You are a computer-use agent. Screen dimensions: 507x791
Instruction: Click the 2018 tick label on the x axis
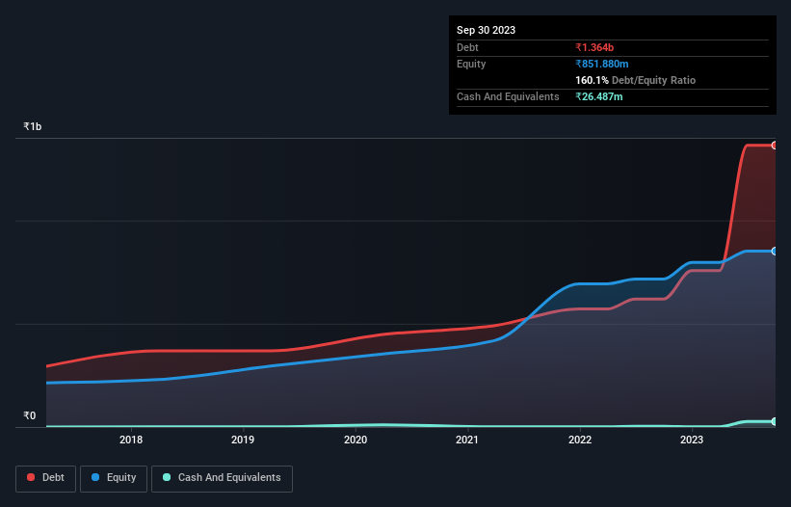pos(131,440)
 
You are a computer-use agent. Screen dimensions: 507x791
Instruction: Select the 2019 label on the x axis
pos(243,440)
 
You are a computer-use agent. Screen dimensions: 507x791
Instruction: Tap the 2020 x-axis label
pos(356,440)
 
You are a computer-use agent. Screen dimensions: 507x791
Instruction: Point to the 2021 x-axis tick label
pos(467,440)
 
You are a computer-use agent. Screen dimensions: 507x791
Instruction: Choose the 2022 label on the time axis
pos(580,440)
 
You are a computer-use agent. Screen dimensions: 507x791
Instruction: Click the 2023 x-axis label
pos(692,440)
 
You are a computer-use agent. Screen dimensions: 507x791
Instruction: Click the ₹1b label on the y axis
pos(33,127)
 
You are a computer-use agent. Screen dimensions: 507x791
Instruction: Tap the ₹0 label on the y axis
pos(29,416)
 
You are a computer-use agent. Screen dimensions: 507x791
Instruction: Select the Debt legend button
pos(45,478)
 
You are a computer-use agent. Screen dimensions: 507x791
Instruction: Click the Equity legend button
pos(115,478)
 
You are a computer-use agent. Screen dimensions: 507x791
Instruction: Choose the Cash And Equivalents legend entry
pos(222,478)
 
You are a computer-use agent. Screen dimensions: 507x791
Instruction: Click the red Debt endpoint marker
pos(775,146)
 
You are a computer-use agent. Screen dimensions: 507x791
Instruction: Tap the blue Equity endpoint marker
pos(775,251)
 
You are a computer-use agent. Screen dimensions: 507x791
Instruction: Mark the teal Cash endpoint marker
pos(775,421)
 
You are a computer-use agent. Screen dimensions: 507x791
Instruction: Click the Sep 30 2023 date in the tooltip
pos(486,30)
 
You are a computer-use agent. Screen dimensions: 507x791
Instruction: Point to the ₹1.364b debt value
pos(596,47)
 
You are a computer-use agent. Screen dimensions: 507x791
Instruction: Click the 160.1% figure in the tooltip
pos(592,80)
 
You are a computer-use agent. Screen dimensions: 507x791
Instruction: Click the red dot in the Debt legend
pos(32,478)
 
